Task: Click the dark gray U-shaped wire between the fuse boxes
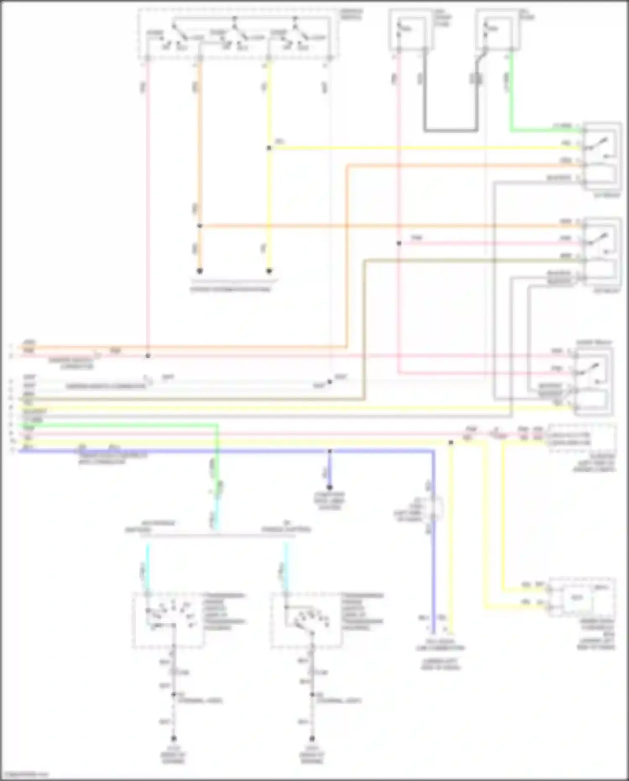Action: (451, 131)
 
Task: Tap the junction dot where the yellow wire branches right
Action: (269, 148)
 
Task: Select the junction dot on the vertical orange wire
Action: (200, 226)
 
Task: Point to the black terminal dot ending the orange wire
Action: (200, 271)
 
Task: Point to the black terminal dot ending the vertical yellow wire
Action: (269, 271)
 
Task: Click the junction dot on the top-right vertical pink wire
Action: (399, 243)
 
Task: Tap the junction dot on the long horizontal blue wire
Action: (330, 451)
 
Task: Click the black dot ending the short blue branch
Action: (330, 487)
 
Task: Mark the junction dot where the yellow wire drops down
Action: (451, 442)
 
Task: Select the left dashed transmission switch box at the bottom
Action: (169, 620)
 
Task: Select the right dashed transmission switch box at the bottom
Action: (307, 620)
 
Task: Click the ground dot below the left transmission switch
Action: (173, 738)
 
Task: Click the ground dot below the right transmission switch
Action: (312, 738)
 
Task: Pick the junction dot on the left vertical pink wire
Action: (148, 356)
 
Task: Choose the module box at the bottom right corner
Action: (582, 598)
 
